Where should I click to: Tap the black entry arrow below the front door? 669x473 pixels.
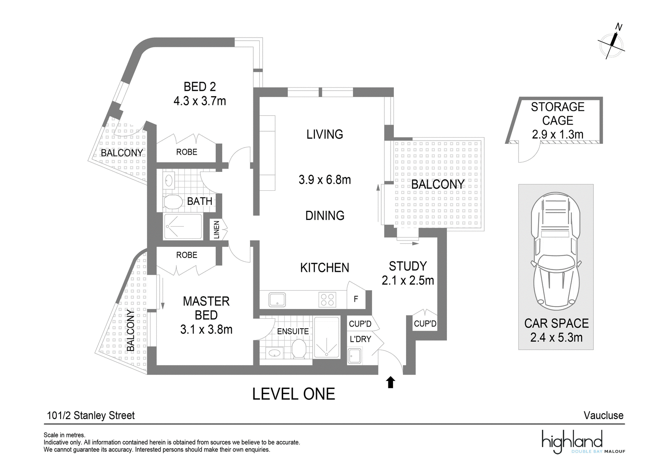(x=391, y=382)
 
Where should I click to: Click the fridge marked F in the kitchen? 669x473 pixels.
(x=356, y=299)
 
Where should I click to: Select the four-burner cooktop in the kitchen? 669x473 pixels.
(x=327, y=300)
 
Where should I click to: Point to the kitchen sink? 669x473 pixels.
(x=277, y=300)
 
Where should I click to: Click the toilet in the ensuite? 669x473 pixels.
(x=299, y=348)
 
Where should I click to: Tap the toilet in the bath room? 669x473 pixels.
(x=173, y=202)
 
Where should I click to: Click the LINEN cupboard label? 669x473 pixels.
(x=217, y=230)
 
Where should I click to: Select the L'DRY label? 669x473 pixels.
(x=360, y=339)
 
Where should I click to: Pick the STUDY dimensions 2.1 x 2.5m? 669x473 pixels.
(x=408, y=280)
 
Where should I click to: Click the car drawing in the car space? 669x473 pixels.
(x=556, y=252)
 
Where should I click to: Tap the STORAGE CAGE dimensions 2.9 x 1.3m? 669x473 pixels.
(x=558, y=135)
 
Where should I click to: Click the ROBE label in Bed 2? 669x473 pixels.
(x=186, y=152)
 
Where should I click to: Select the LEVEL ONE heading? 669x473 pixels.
(x=294, y=394)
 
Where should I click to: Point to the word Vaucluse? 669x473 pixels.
(x=604, y=415)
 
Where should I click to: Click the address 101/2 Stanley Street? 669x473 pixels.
(x=91, y=416)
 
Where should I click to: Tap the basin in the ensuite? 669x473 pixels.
(x=274, y=353)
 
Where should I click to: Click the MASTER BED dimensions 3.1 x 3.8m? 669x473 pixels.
(x=206, y=330)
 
